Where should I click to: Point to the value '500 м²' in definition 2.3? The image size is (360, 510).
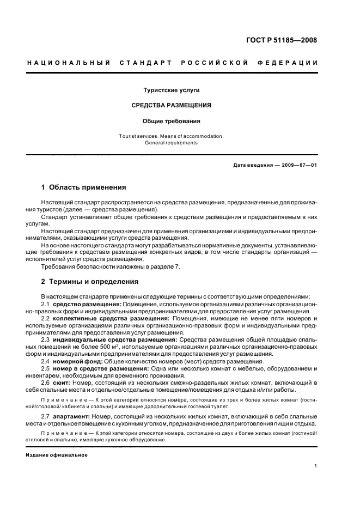123,347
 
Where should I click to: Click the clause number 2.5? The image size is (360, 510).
46,368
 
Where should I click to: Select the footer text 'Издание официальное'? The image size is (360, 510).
57,455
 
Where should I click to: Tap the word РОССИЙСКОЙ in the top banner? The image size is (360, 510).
212,64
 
